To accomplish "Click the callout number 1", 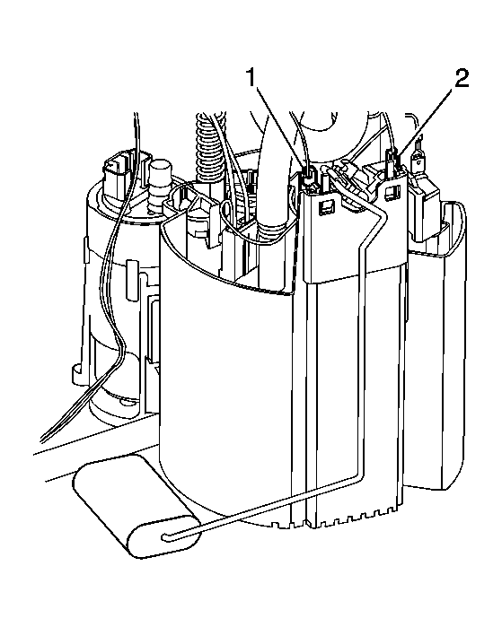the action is [x=251, y=77].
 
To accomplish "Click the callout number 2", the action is [x=461, y=78].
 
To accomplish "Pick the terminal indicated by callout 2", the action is [x=392, y=159].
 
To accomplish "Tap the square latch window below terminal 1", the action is [x=325, y=207].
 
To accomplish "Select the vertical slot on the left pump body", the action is [x=130, y=280].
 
